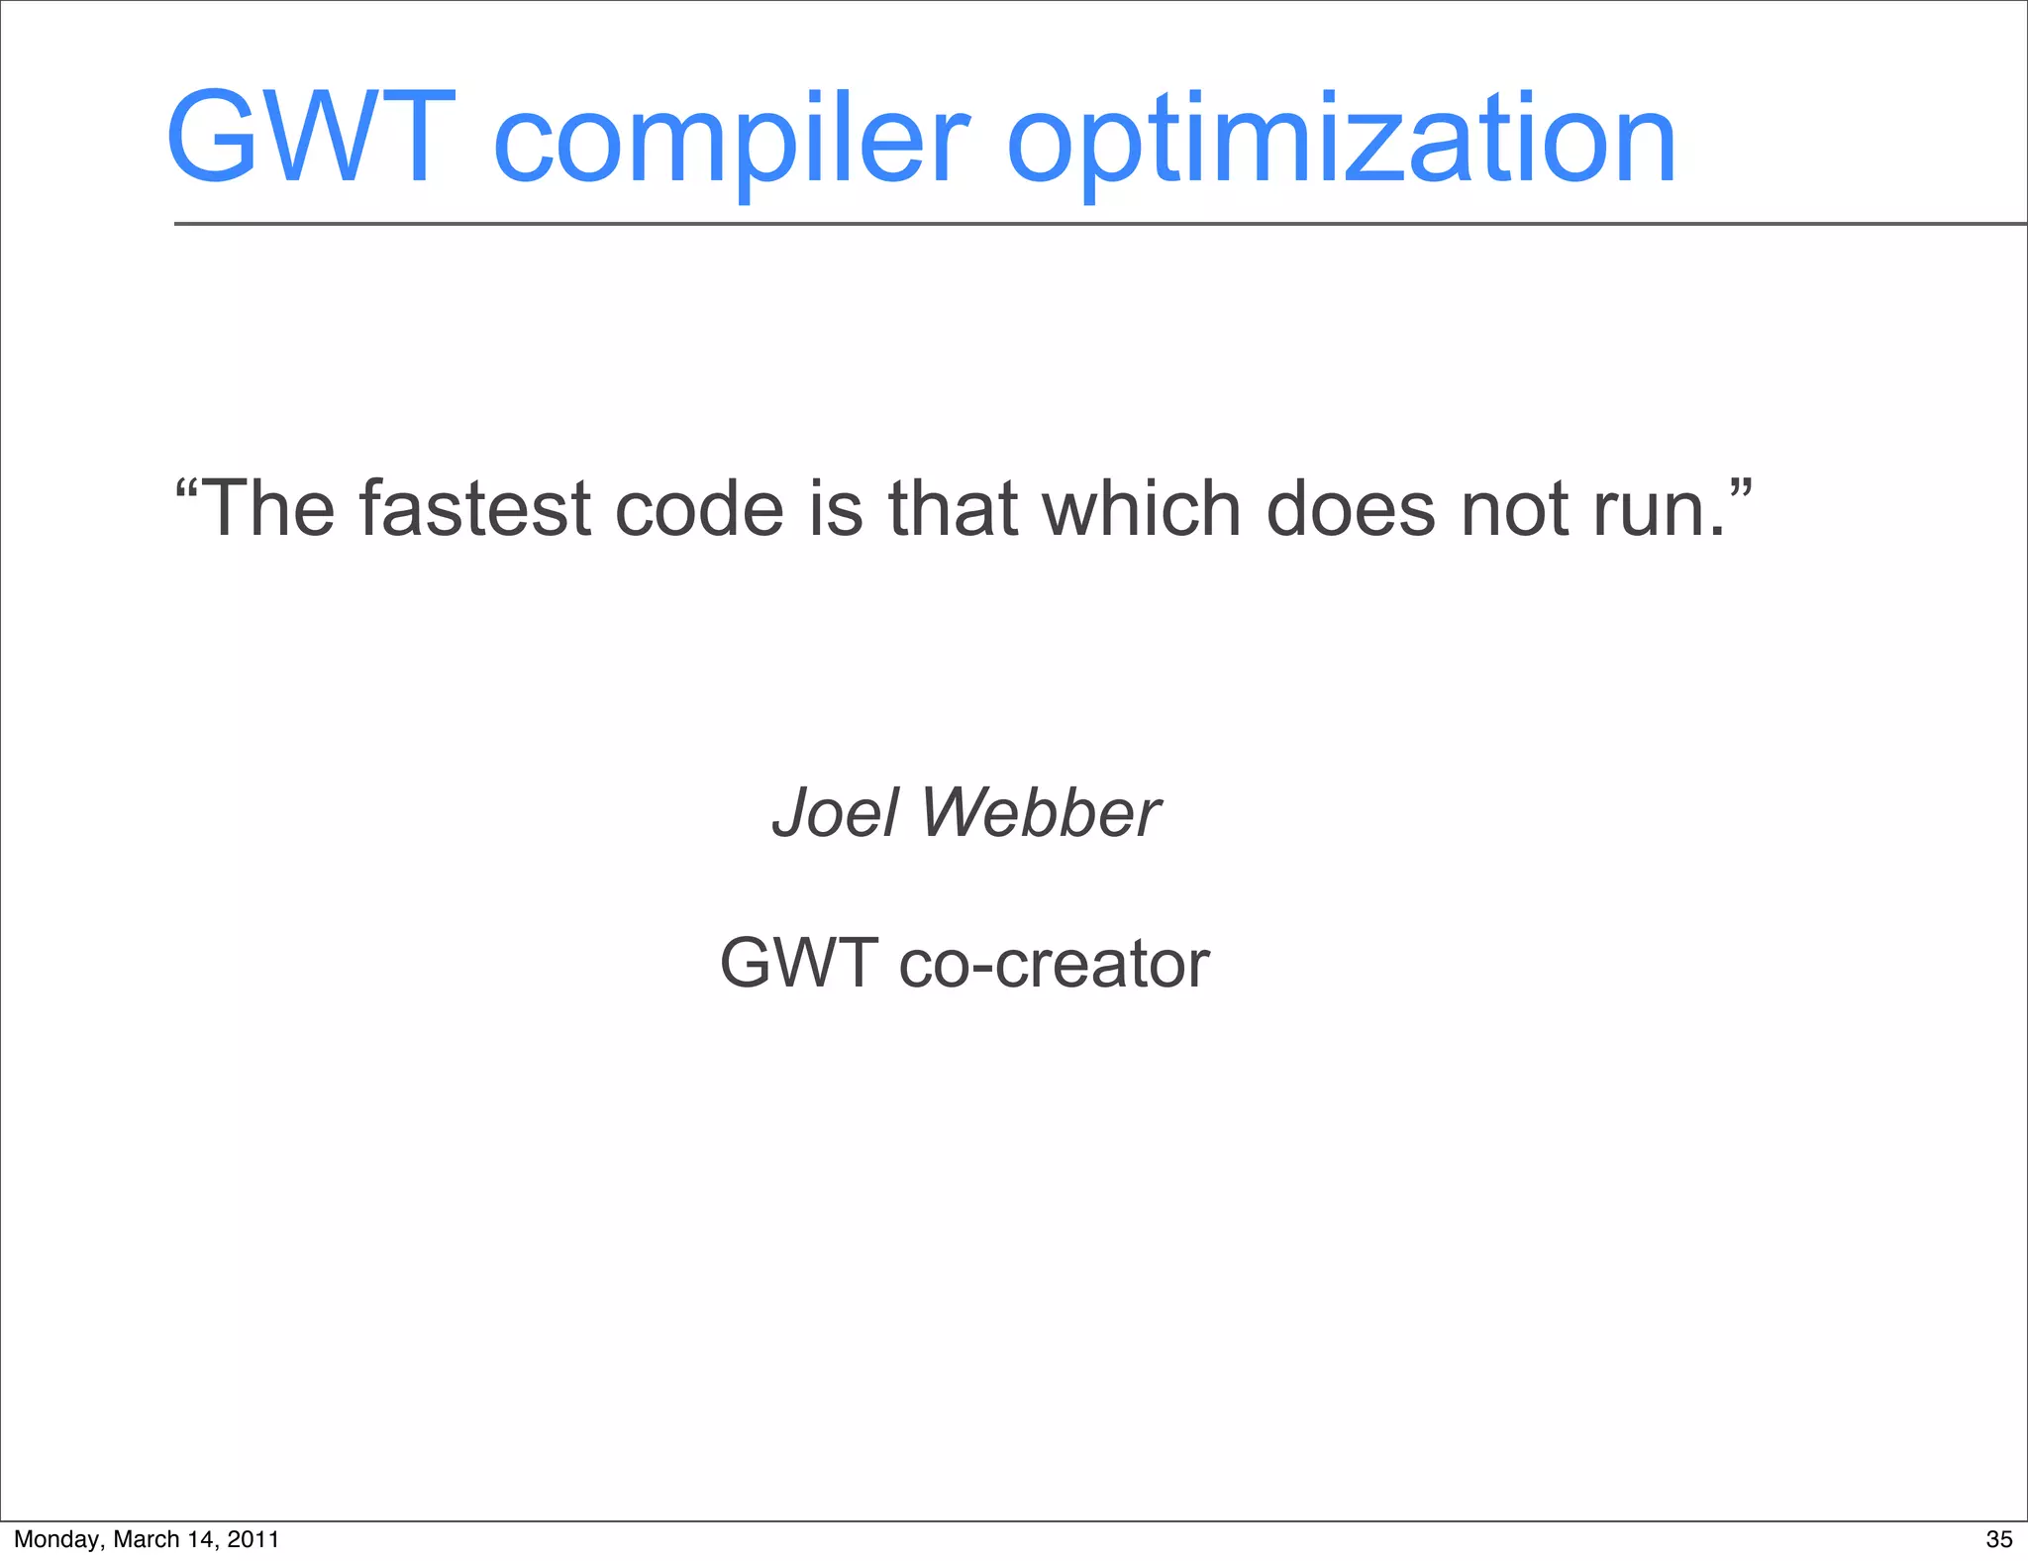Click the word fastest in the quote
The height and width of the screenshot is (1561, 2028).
tap(475, 509)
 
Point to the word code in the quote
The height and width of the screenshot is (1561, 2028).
tap(699, 509)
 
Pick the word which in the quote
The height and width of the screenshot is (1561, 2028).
tap(1142, 509)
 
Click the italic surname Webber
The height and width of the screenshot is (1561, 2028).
tap(1040, 814)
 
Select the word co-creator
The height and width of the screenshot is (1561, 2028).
tap(1054, 965)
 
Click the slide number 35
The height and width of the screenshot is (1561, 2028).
tap(1999, 1539)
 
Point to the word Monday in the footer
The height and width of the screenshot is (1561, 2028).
tap(55, 1539)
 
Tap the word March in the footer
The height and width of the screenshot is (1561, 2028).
tap(147, 1539)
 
